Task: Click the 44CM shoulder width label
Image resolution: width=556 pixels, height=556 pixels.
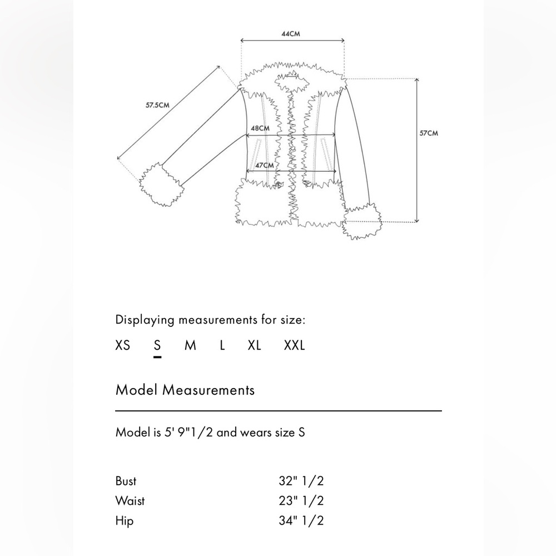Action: pyautogui.click(x=291, y=34)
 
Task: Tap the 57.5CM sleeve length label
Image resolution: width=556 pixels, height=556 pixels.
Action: pyautogui.click(x=157, y=105)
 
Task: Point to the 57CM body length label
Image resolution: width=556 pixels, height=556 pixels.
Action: pyautogui.click(x=429, y=133)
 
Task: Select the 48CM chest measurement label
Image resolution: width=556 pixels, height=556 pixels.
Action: pyautogui.click(x=260, y=128)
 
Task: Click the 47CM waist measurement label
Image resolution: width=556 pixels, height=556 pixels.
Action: pyautogui.click(x=265, y=165)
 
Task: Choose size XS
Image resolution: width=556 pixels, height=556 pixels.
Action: pyautogui.click(x=123, y=345)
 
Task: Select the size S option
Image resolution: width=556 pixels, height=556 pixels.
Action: pyautogui.click(x=157, y=345)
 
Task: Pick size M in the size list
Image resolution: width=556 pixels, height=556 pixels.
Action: pyautogui.click(x=190, y=345)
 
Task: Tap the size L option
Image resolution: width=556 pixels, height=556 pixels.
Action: pyautogui.click(x=222, y=345)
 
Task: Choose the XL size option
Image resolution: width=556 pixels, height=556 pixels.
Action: pyautogui.click(x=254, y=345)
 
